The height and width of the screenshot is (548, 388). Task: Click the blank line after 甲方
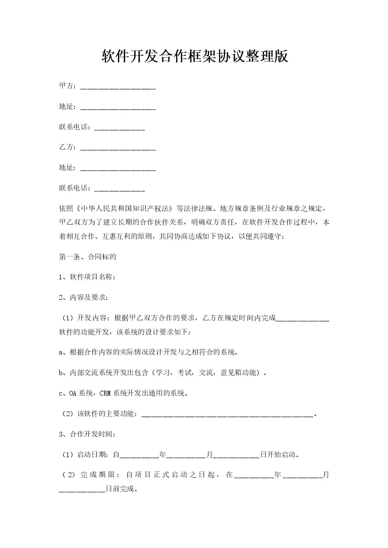tap(117, 88)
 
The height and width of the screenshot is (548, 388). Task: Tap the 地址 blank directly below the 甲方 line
tap(117, 108)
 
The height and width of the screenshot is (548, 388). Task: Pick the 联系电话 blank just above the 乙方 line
tap(119, 128)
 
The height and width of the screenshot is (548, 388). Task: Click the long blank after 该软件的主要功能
tap(227, 415)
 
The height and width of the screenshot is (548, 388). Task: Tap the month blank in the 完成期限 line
tap(302, 475)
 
